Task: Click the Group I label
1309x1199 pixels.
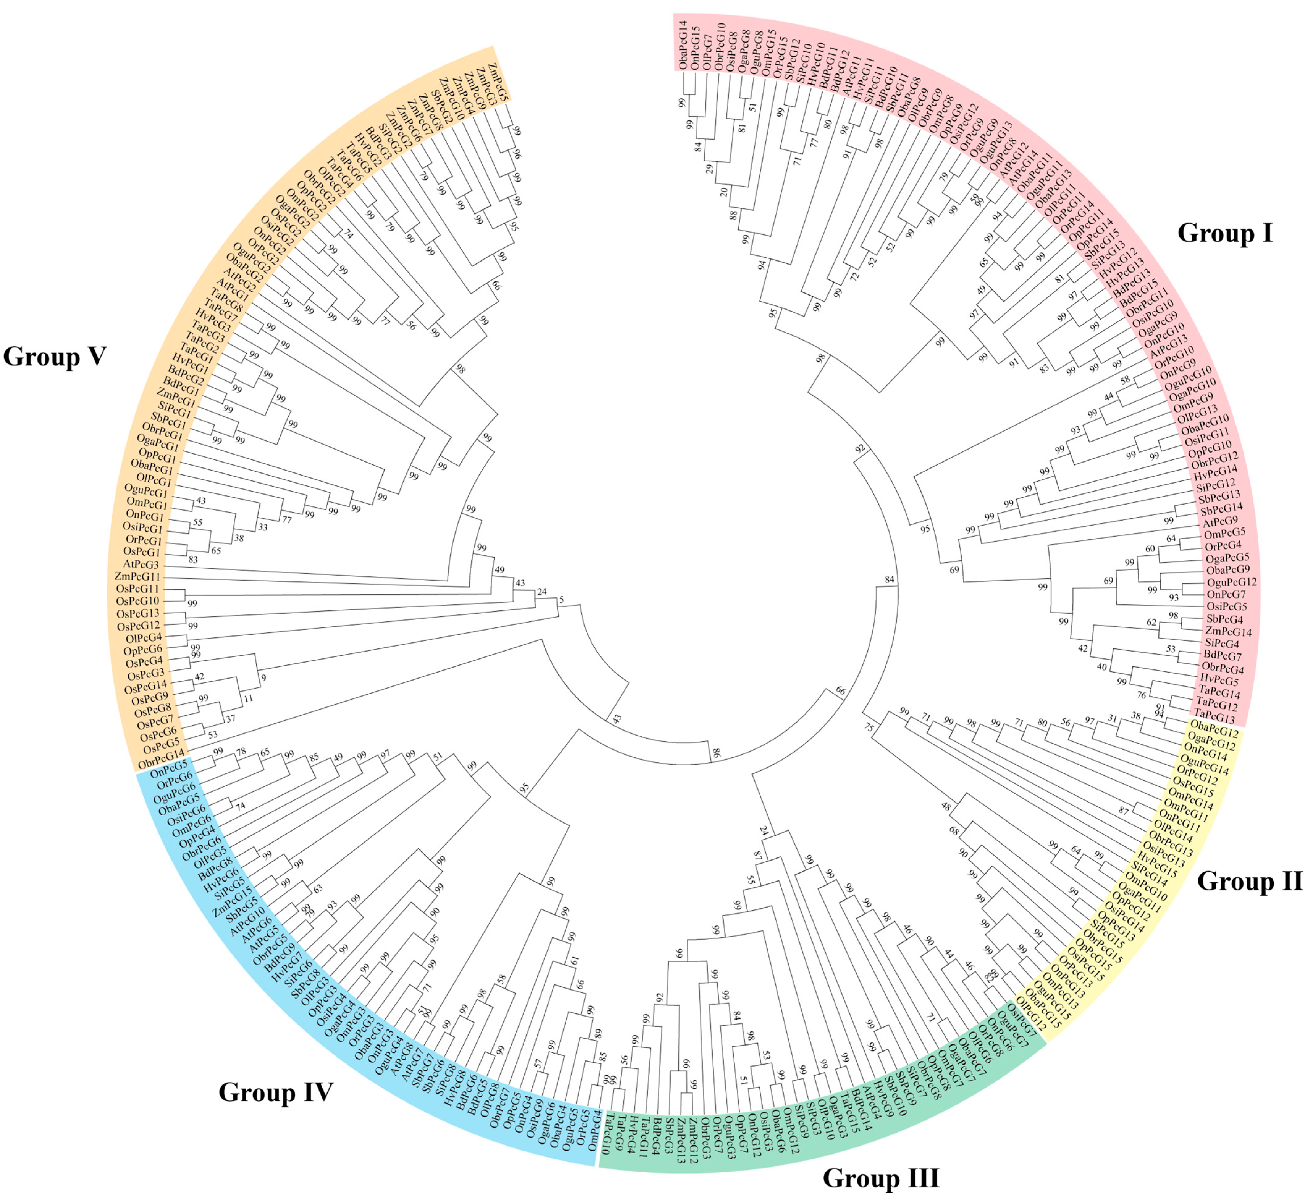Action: [1225, 233]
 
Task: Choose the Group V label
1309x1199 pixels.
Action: [55, 356]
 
